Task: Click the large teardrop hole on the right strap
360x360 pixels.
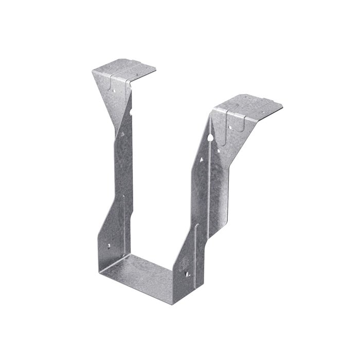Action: [211, 138]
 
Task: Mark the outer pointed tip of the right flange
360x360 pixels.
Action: [282, 107]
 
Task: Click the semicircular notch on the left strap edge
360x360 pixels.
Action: [131, 111]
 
